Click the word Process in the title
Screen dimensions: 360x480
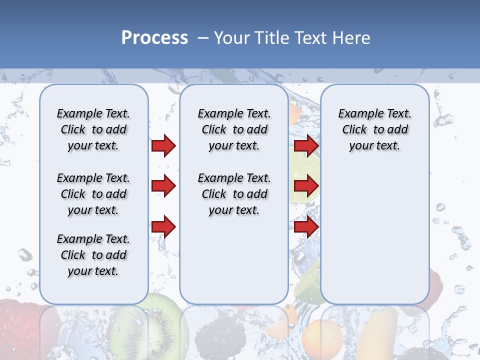pyautogui.click(x=154, y=38)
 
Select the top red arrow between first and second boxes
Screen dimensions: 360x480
pyautogui.click(x=163, y=145)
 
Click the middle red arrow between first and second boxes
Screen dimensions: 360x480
pyautogui.click(x=163, y=186)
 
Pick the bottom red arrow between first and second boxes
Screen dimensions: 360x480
pyautogui.click(x=163, y=227)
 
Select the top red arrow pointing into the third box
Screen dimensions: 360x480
pyautogui.click(x=306, y=145)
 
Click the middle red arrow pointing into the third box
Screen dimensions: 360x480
pyautogui.click(x=306, y=186)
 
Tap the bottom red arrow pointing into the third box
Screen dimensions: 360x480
pyautogui.click(x=306, y=227)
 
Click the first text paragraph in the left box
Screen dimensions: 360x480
pyautogui.click(x=93, y=129)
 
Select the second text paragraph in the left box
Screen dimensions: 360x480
pyautogui.click(x=93, y=194)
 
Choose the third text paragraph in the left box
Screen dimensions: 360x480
pyautogui.click(x=93, y=255)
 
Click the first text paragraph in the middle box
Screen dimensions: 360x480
pyautogui.click(x=234, y=129)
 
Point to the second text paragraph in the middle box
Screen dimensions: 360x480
pyautogui.click(x=234, y=194)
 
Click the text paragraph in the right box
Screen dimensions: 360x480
pyautogui.click(x=374, y=129)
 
